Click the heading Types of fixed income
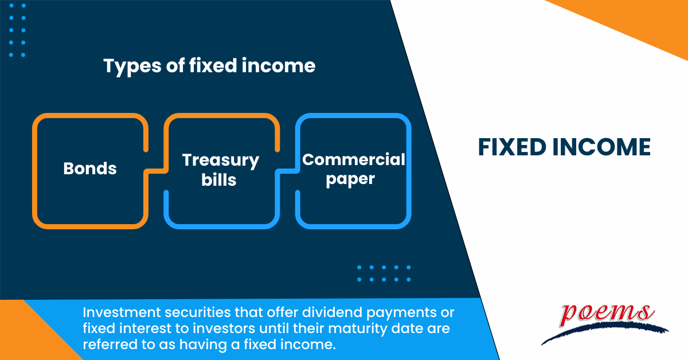(209, 66)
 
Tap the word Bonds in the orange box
(89, 169)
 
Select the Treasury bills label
(221, 169)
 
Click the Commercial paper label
(354, 169)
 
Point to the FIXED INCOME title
(564, 147)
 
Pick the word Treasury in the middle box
(221, 160)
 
